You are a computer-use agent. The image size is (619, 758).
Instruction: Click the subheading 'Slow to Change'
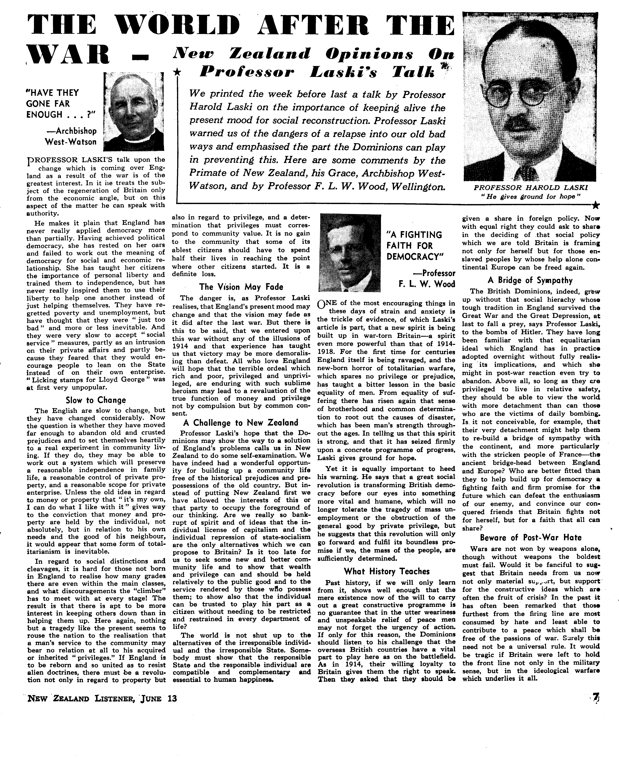click(96, 400)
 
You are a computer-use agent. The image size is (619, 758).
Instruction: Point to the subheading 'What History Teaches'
click(387, 571)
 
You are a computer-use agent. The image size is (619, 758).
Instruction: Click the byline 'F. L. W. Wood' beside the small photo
click(427, 284)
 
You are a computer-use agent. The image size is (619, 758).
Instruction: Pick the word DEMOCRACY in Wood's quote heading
click(415, 257)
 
